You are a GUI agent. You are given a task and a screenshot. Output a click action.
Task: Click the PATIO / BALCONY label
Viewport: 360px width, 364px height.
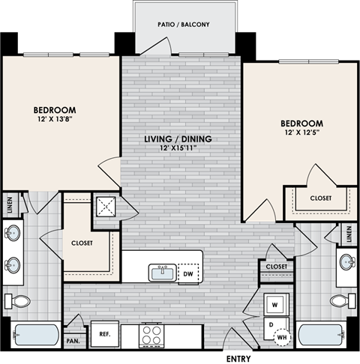click(184, 24)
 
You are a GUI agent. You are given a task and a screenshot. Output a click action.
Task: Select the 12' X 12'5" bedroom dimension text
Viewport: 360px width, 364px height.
click(301, 133)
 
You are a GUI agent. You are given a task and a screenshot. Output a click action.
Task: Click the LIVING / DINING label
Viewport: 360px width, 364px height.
click(178, 139)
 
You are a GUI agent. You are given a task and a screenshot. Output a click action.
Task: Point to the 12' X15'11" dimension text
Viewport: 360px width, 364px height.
click(178, 148)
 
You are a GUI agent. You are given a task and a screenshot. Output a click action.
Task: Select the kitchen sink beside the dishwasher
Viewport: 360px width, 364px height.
click(161, 273)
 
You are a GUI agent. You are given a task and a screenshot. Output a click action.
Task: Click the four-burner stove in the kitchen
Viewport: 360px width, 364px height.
click(152, 334)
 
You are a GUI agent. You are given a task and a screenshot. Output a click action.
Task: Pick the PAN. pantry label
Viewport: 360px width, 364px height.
click(73, 341)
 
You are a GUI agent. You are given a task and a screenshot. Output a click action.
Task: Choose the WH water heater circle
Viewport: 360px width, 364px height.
click(283, 337)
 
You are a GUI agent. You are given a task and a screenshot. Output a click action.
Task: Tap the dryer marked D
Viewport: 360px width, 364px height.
click(272, 326)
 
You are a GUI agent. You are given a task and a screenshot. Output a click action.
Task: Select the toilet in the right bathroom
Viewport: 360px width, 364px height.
click(339, 301)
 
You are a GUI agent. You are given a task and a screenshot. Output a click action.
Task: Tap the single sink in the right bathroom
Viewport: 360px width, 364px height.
click(346, 263)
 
